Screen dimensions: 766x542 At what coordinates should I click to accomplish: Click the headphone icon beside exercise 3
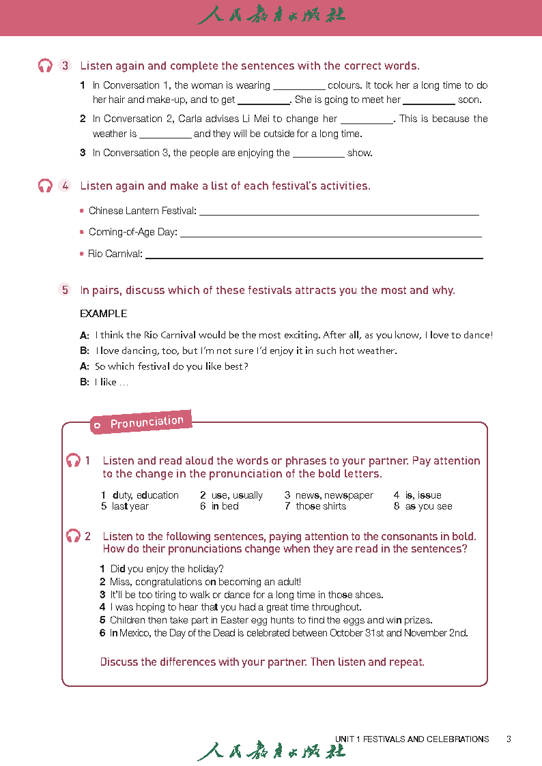coord(45,66)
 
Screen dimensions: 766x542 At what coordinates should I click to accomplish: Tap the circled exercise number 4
coord(65,186)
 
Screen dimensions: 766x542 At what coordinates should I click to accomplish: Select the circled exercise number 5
coord(65,290)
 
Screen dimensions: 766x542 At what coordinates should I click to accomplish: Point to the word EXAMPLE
coord(104,314)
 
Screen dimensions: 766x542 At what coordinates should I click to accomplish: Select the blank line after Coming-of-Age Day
coord(330,235)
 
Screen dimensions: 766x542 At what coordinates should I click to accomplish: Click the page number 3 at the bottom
coord(509,739)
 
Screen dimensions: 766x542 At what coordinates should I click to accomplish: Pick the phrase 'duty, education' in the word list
coord(145,495)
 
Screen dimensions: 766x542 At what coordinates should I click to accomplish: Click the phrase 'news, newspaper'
coord(334,495)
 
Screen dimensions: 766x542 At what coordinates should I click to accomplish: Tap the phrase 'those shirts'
coord(321,506)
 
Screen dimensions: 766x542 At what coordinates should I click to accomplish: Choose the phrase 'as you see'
coord(429,506)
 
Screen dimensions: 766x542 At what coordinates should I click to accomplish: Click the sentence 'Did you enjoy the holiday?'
coord(167,569)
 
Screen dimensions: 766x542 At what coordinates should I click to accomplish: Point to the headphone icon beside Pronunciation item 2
coord(73,536)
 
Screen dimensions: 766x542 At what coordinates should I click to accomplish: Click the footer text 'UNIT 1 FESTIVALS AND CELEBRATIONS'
coord(412,739)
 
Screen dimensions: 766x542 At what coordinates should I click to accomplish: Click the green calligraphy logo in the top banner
coord(271,15)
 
